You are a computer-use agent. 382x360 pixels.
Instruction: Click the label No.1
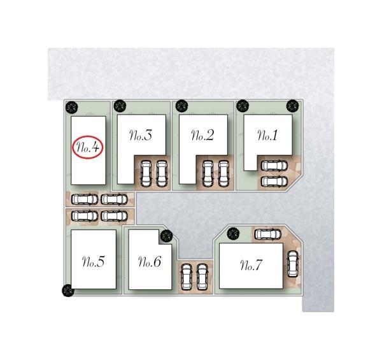pyautogui.click(x=267, y=135)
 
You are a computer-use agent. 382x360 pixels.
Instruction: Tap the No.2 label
pyautogui.click(x=202, y=135)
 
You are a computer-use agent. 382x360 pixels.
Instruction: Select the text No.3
pyautogui.click(x=141, y=135)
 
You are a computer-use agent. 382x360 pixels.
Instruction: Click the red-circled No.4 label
pyautogui.click(x=88, y=147)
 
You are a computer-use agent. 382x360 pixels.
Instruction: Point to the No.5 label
pyautogui.click(x=94, y=261)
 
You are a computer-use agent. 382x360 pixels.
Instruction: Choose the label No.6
pyautogui.click(x=150, y=261)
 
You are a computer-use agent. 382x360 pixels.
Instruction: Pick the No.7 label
pyautogui.click(x=251, y=265)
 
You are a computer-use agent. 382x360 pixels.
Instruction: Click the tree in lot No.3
pyautogui.click(x=120, y=106)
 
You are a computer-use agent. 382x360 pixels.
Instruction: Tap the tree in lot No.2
pyautogui.click(x=181, y=106)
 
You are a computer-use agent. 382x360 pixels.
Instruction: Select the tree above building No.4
pyautogui.click(x=72, y=107)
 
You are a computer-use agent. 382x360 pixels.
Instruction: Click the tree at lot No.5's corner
pyautogui.click(x=68, y=291)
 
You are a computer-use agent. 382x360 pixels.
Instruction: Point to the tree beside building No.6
pyautogui.click(x=167, y=236)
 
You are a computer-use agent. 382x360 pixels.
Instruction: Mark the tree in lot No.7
pyautogui.click(x=234, y=234)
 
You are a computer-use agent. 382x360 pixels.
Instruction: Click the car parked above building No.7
pyautogui.click(x=268, y=234)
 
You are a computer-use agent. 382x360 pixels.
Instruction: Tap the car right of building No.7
pyautogui.click(x=293, y=264)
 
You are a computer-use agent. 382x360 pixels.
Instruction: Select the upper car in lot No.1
pyautogui.click(x=274, y=166)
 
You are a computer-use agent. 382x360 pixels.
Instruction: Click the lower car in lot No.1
pyautogui.click(x=274, y=182)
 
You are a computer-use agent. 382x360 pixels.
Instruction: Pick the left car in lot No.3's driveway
pyautogui.click(x=146, y=174)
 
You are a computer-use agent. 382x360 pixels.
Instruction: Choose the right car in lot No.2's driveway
pyautogui.click(x=223, y=174)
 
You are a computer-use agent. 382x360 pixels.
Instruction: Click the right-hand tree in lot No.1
pyautogui.click(x=293, y=106)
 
